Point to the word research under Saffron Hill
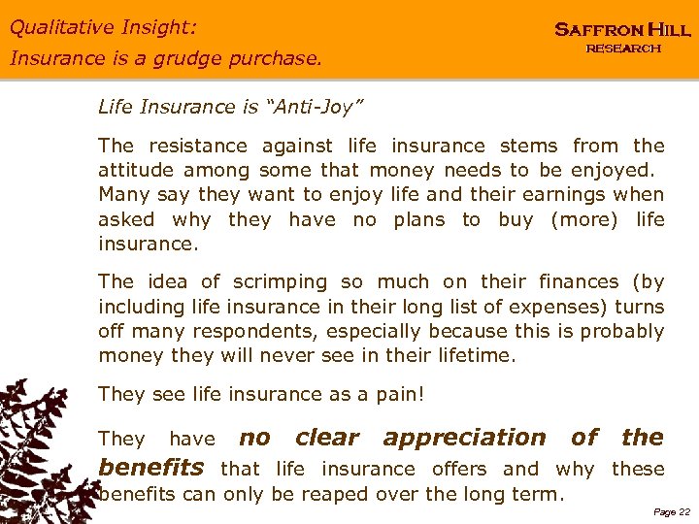(x=623, y=49)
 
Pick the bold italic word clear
(x=326, y=438)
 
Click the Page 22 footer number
(x=672, y=511)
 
